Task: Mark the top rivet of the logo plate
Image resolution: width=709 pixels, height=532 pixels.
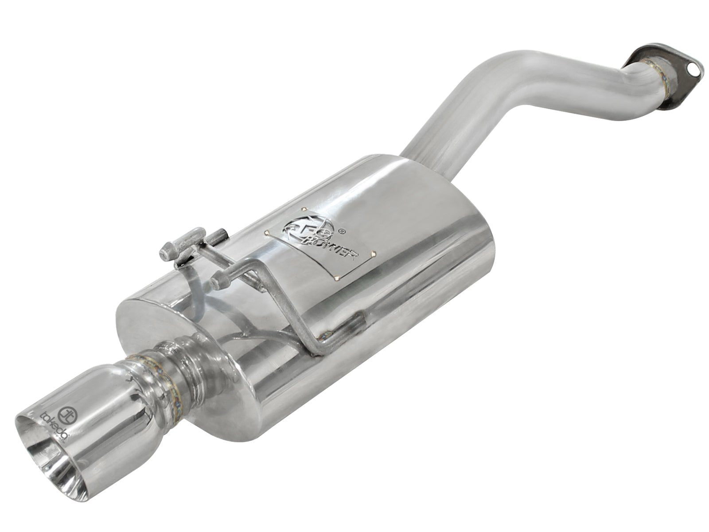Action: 304,208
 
